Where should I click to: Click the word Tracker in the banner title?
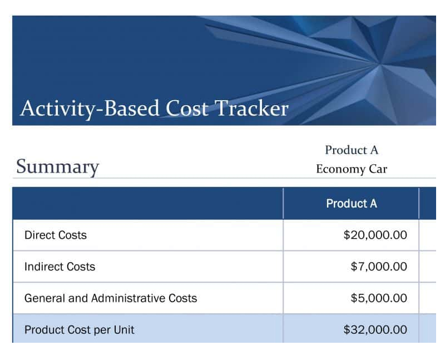click(x=252, y=108)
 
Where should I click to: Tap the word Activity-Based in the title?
click(x=90, y=109)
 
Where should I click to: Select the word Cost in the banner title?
click(x=187, y=108)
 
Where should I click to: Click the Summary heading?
click(x=58, y=167)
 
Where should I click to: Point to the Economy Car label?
click(x=352, y=169)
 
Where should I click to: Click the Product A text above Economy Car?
click(x=352, y=150)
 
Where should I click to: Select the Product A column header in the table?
click(x=352, y=204)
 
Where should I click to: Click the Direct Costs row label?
click(x=56, y=235)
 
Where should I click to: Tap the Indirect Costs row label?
click(x=60, y=267)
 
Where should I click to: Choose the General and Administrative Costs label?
click(x=111, y=298)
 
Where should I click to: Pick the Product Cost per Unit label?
click(x=80, y=329)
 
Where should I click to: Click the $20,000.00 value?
click(x=375, y=235)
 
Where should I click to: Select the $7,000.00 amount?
click(x=379, y=267)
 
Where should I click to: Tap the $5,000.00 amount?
click(x=379, y=298)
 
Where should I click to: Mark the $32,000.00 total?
click(x=375, y=329)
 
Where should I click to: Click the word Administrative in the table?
click(x=128, y=298)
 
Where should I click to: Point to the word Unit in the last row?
click(x=124, y=329)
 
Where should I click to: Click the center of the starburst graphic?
click(x=378, y=64)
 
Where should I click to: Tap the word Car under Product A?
click(x=378, y=169)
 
